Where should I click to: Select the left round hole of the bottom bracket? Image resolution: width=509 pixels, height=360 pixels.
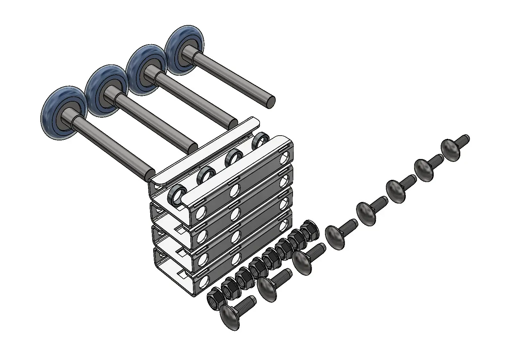pos(203,281)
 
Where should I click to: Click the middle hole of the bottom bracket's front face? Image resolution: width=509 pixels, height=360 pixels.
pos(238,259)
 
